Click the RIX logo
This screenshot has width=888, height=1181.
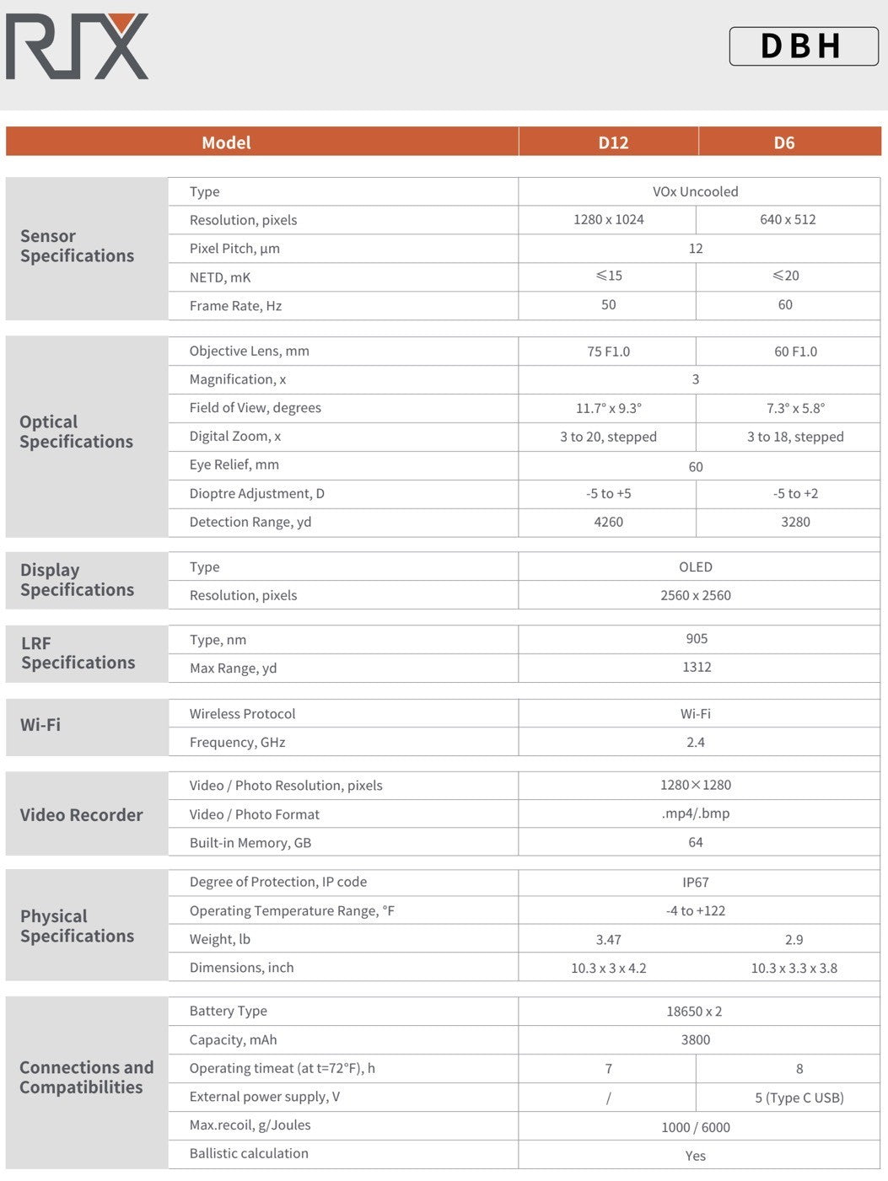coord(77,46)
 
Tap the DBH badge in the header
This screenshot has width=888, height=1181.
coord(803,46)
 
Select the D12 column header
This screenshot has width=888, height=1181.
coord(613,142)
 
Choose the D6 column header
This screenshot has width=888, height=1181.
coord(784,142)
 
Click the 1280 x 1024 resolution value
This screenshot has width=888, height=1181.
coord(608,219)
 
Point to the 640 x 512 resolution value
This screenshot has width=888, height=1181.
coord(788,219)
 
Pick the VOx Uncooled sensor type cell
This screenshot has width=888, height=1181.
coord(695,191)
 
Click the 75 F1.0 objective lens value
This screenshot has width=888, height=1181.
coord(608,352)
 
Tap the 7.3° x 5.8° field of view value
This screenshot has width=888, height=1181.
coord(795,408)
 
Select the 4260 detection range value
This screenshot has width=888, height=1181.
coord(608,522)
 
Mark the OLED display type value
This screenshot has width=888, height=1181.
coord(695,567)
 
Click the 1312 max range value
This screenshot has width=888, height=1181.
coord(697,667)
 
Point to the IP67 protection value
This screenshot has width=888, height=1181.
coord(695,883)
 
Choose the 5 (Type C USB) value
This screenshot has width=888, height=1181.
coord(799,1098)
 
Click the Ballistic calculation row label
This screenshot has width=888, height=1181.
coord(249,1153)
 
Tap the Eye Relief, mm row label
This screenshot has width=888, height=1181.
coord(234,464)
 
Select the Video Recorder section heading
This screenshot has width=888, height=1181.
coord(81,815)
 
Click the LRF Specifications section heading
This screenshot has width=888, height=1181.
coord(78,653)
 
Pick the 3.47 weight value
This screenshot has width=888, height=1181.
coord(608,939)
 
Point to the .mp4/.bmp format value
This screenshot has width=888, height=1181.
coord(695,813)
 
